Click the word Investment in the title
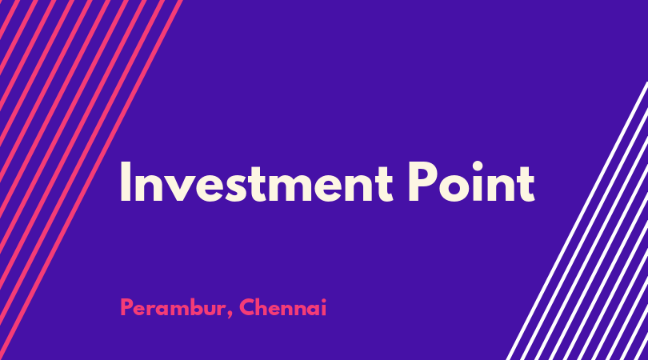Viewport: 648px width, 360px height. [256, 182]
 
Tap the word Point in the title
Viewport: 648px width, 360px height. [471, 182]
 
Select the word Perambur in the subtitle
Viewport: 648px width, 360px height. [172, 307]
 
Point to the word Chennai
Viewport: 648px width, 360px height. [282, 307]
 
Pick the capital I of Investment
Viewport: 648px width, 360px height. [126, 182]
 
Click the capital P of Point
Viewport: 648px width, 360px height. [422, 182]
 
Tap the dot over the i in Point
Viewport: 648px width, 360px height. [478, 166]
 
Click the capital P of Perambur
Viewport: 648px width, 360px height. [126, 307]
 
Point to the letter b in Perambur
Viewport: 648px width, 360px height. [191, 307]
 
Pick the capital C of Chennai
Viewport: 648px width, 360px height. [247, 307]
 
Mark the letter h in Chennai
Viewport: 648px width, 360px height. [264, 307]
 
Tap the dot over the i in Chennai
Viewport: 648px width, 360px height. [323, 301]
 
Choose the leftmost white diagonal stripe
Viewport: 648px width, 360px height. [578, 221]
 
